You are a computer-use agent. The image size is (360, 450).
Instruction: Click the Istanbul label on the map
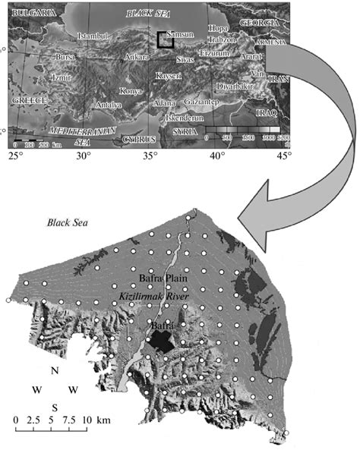pos(94,36)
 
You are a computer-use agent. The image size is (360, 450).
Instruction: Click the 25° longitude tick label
pos(17,157)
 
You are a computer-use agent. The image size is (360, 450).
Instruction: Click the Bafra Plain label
pos(162,278)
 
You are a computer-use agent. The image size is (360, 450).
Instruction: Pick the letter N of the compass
pos(55,371)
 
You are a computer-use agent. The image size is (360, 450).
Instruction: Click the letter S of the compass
pos(55,407)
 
